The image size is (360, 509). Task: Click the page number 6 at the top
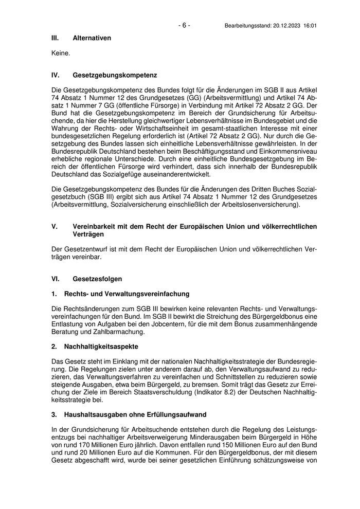pos(184,25)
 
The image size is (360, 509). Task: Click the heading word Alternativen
pos(92,38)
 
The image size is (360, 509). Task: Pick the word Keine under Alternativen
pos(61,53)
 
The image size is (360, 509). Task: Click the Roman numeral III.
pos(56,38)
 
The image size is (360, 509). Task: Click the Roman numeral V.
pos(54,227)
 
